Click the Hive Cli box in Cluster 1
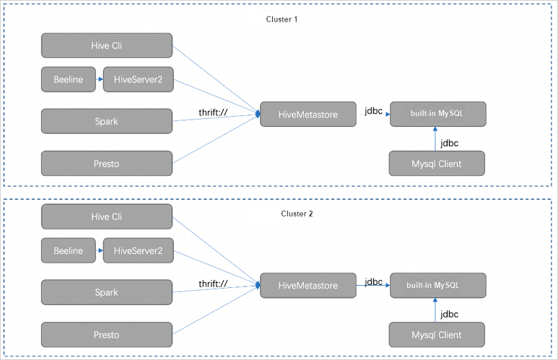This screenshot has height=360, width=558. pyautogui.click(x=107, y=45)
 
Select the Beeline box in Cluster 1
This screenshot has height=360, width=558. pyautogui.click(x=68, y=80)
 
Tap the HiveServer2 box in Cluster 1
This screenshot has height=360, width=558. pyautogui.click(x=138, y=80)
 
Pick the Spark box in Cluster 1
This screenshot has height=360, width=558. pyautogui.click(x=107, y=121)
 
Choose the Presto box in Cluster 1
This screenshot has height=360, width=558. pyautogui.click(x=107, y=163)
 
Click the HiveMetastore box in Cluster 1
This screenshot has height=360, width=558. pyautogui.click(x=308, y=114)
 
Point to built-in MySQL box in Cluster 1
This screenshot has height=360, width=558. pyautogui.click(x=437, y=114)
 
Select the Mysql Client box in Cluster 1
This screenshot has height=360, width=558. pyautogui.click(x=437, y=164)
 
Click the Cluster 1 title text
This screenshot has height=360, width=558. pyautogui.click(x=282, y=19)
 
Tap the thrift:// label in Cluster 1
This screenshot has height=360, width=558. pyautogui.click(x=213, y=113)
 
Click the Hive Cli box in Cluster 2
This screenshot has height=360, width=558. pyautogui.click(x=107, y=216)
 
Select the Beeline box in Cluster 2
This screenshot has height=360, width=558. pyautogui.click(x=68, y=251)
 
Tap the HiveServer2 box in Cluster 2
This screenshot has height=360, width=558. pyautogui.click(x=138, y=251)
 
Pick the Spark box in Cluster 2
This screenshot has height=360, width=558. pyautogui.click(x=107, y=293)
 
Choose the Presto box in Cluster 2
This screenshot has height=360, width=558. pyautogui.click(x=107, y=335)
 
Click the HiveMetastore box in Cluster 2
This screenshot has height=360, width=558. pyautogui.click(x=308, y=286)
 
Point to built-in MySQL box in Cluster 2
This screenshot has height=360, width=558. pyautogui.click(x=437, y=286)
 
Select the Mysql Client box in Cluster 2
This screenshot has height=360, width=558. pyautogui.click(x=437, y=335)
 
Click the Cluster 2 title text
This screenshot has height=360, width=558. pyautogui.click(x=297, y=214)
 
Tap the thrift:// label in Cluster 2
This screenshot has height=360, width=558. pyautogui.click(x=213, y=284)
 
